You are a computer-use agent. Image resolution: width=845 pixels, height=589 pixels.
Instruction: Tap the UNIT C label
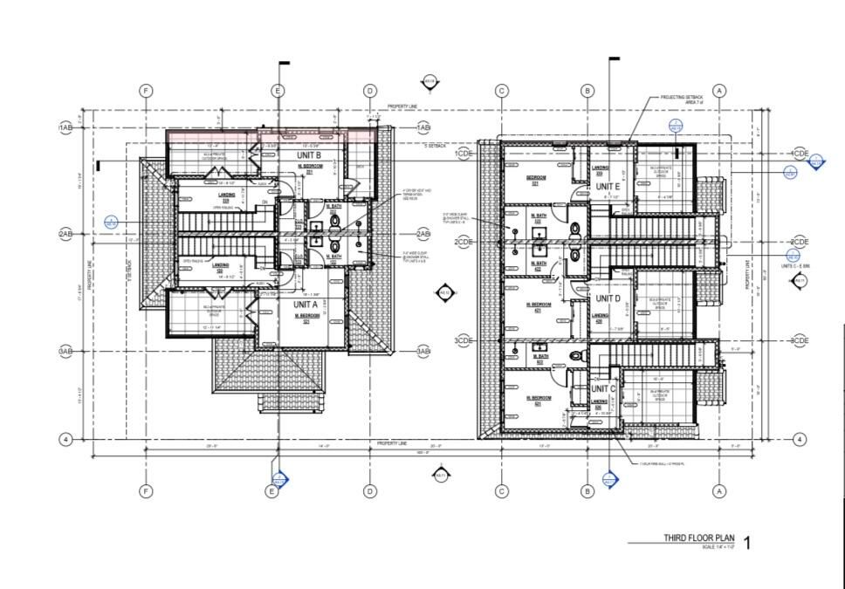[604, 388]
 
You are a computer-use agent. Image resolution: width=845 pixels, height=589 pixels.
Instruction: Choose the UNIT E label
[608, 187]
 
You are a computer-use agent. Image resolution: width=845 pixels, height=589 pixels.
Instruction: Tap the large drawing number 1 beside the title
[745, 543]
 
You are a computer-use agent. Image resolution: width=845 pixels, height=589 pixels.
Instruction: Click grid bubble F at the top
[146, 91]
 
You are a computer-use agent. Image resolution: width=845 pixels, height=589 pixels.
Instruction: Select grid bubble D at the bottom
[369, 492]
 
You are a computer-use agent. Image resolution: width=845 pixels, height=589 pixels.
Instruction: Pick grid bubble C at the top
[501, 91]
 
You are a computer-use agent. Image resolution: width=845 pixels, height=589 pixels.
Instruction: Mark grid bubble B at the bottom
[587, 492]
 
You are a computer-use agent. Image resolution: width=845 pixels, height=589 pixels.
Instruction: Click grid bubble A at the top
[719, 91]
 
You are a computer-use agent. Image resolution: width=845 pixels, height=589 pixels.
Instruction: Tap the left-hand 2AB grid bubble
[65, 235]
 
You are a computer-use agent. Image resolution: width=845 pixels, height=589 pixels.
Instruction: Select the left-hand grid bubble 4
[65, 439]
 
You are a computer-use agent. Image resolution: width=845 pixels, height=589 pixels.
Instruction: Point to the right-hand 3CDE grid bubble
[799, 340]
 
